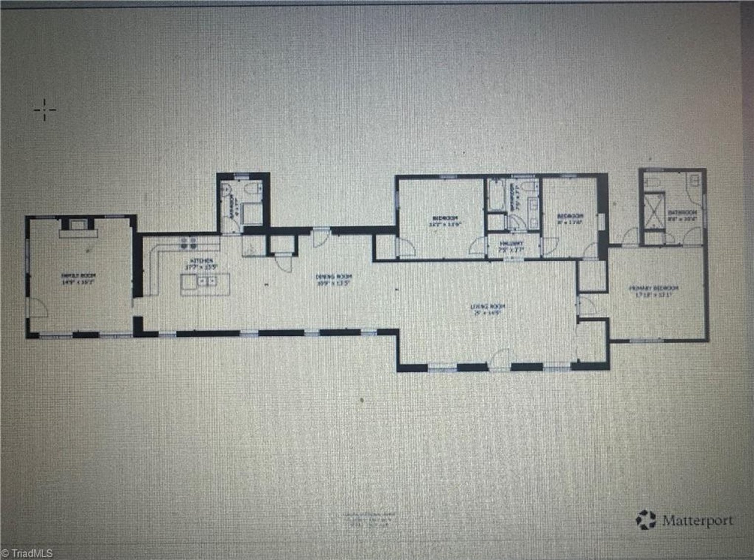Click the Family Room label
click(x=78, y=275)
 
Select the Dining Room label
click(x=334, y=277)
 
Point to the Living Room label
click(x=488, y=306)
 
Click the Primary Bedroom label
click(x=653, y=288)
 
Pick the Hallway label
click(x=511, y=244)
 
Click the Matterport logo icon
click(x=646, y=520)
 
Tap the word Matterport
click(x=698, y=521)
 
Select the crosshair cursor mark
click(x=44, y=110)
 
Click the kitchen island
click(x=205, y=284)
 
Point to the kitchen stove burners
click(x=188, y=242)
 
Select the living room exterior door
click(x=500, y=359)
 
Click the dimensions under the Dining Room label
click(x=334, y=284)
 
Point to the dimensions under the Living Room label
click(x=488, y=313)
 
